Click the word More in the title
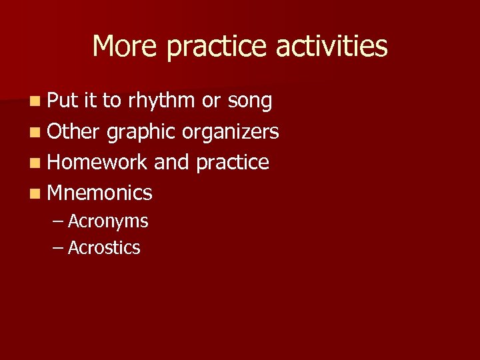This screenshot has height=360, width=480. point(125,47)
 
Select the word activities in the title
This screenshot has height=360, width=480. point(331,47)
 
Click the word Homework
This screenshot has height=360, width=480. point(97,162)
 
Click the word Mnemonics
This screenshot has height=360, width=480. point(100,193)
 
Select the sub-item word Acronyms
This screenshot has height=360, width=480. point(108,221)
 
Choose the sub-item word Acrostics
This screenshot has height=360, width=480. point(104,248)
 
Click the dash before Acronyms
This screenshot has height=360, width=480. point(58,221)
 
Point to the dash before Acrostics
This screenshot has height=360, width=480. point(58,248)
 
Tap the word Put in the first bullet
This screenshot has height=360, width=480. point(63,101)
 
